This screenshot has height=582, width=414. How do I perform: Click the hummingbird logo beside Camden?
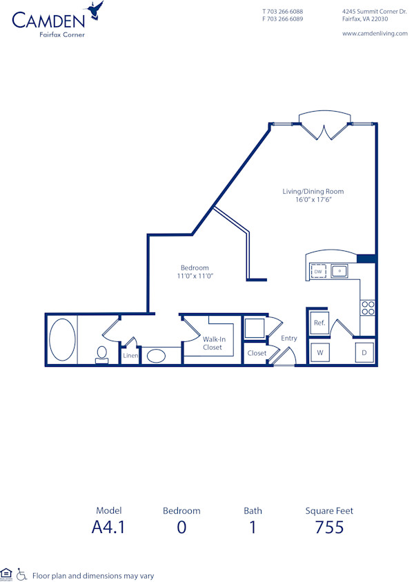pyautogui.click(x=94, y=10)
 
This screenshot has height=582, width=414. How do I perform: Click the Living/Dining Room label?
pyautogui.click(x=313, y=192)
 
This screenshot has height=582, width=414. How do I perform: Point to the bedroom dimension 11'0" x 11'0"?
pyautogui.click(x=195, y=276)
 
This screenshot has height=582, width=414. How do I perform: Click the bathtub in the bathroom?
pyautogui.click(x=61, y=341)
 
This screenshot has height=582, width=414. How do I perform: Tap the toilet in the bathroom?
pyautogui.click(x=101, y=354)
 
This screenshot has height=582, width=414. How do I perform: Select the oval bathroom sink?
pyautogui.click(x=157, y=357)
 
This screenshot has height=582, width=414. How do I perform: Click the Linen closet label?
pyautogui.click(x=130, y=356)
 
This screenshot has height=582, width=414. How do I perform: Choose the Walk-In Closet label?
pyautogui.click(x=213, y=343)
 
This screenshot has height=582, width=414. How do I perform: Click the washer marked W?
pyautogui.click(x=320, y=353)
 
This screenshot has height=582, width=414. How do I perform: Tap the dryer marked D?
pyautogui.click(x=365, y=353)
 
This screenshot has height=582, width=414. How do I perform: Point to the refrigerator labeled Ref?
pyautogui.click(x=319, y=323)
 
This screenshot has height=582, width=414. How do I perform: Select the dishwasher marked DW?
pyautogui.click(x=318, y=272)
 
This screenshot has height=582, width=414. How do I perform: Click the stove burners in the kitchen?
pyautogui.click(x=368, y=308)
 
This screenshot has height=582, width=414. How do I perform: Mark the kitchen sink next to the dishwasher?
pyautogui.click(x=339, y=272)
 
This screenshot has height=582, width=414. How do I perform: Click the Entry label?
pyautogui.click(x=289, y=338)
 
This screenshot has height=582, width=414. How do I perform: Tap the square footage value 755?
pyautogui.click(x=329, y=528)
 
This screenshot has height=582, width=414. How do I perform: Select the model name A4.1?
pyautogui.click(x=109, y=528)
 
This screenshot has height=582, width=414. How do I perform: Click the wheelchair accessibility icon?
pyautogui.click(x=21, y=574)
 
